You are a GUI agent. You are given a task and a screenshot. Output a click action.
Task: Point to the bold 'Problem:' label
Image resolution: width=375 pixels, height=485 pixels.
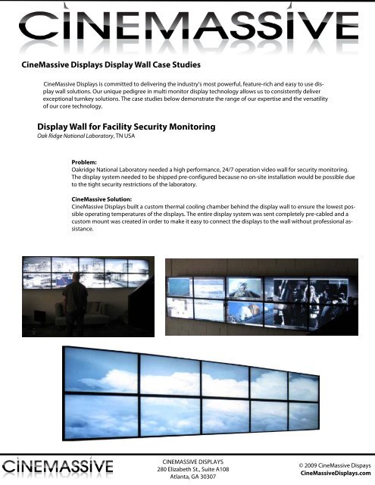[x=83, y=162]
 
